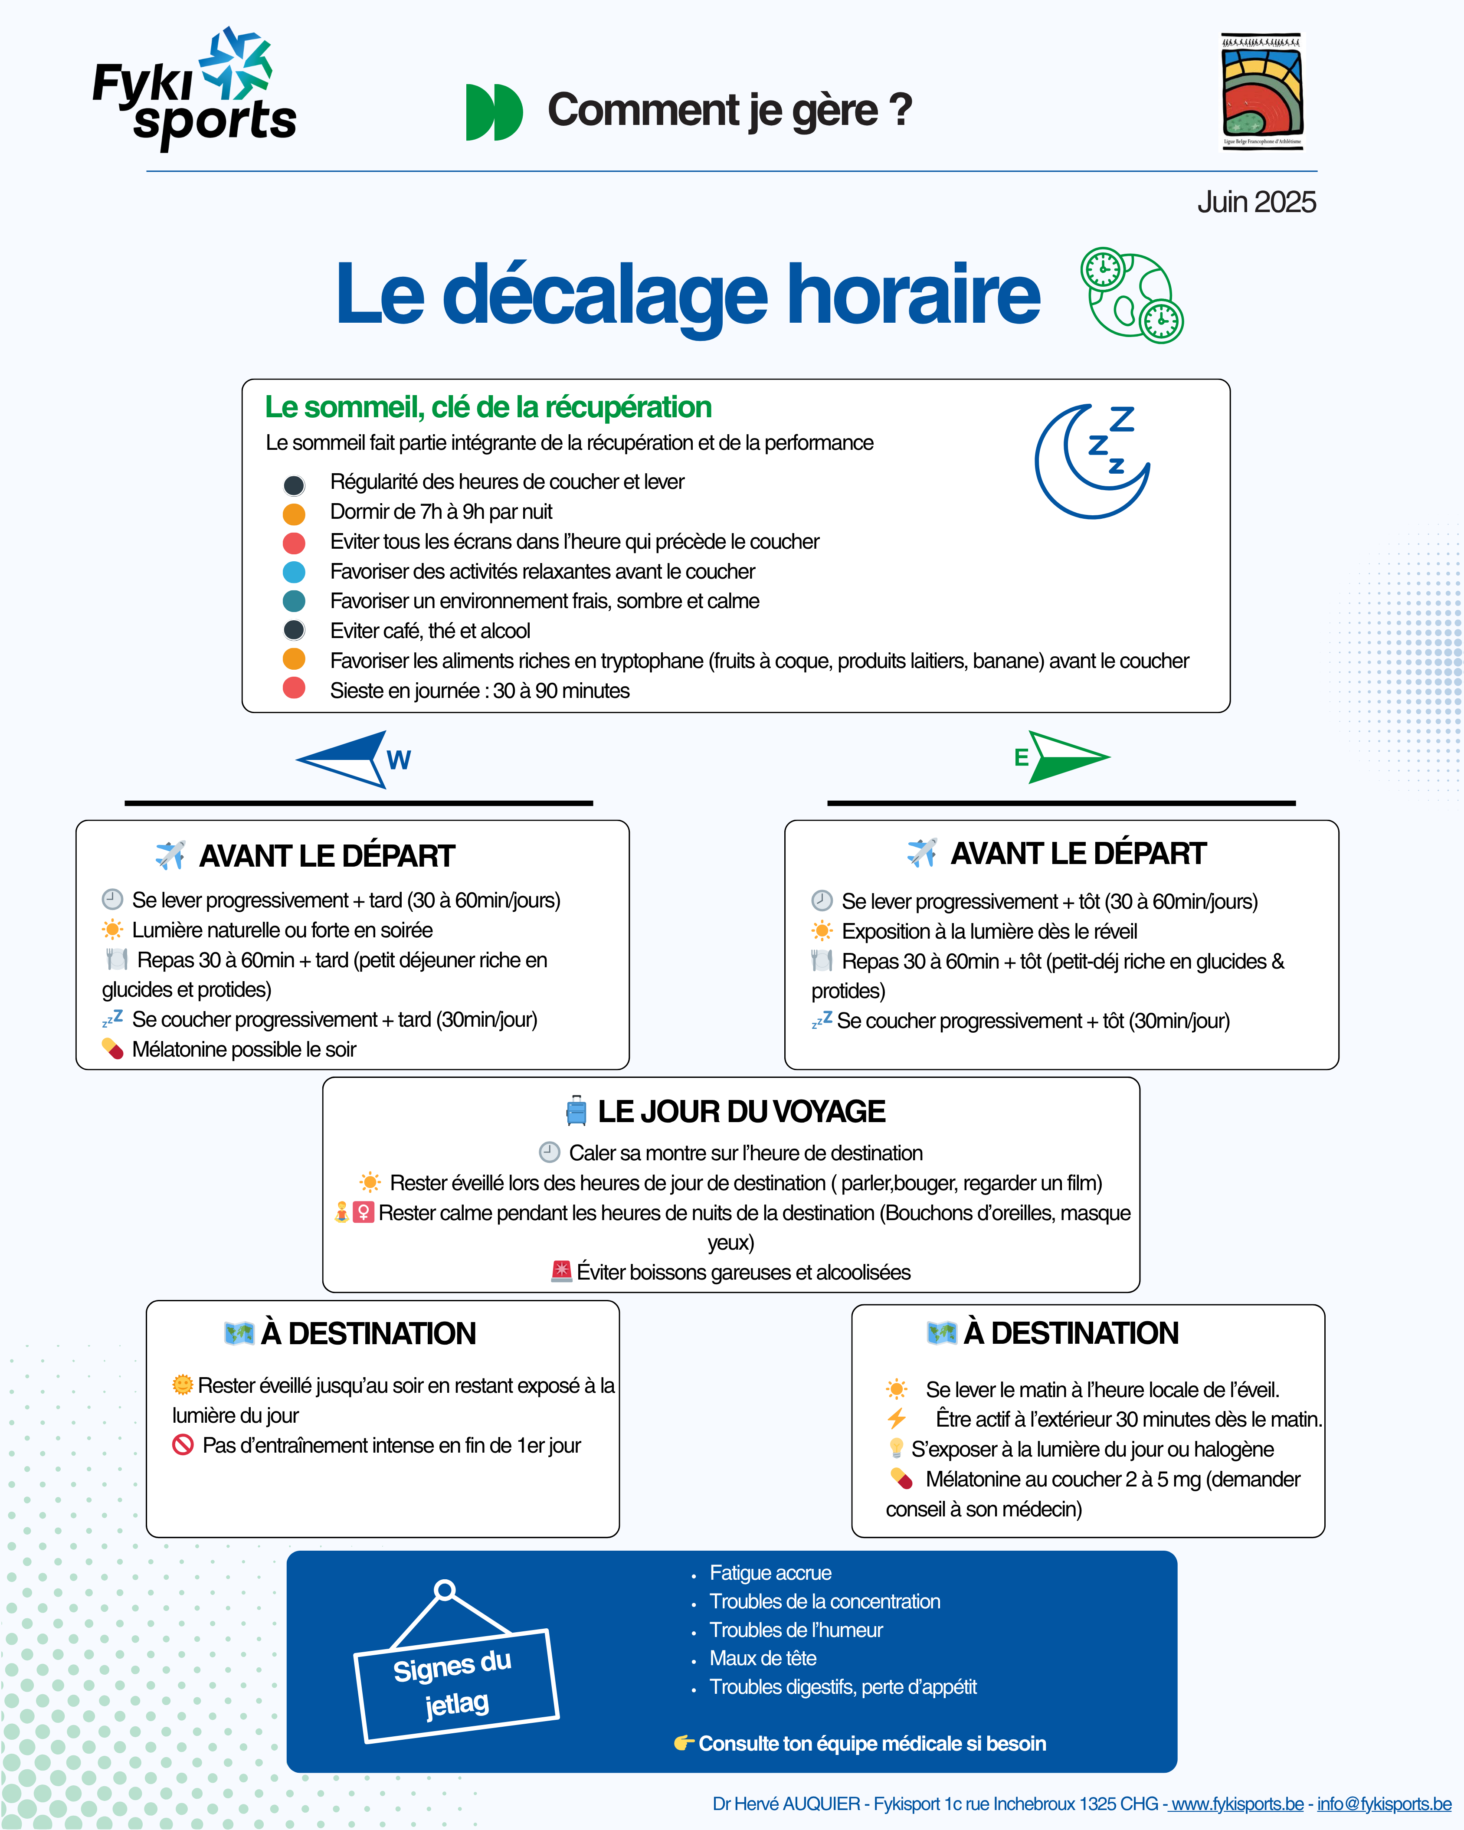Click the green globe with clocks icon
(x=1132, y=295)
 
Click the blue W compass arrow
(x=352, y=759)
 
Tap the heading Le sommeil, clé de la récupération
(x=488, y=407)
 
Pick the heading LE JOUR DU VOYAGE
(x=741, y=1112)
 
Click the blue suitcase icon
(x=576, y=1110)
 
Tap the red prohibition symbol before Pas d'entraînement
(x=183, y=1445)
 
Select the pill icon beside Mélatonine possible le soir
(x=113, y=1049)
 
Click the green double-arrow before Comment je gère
(x=494, y=112)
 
